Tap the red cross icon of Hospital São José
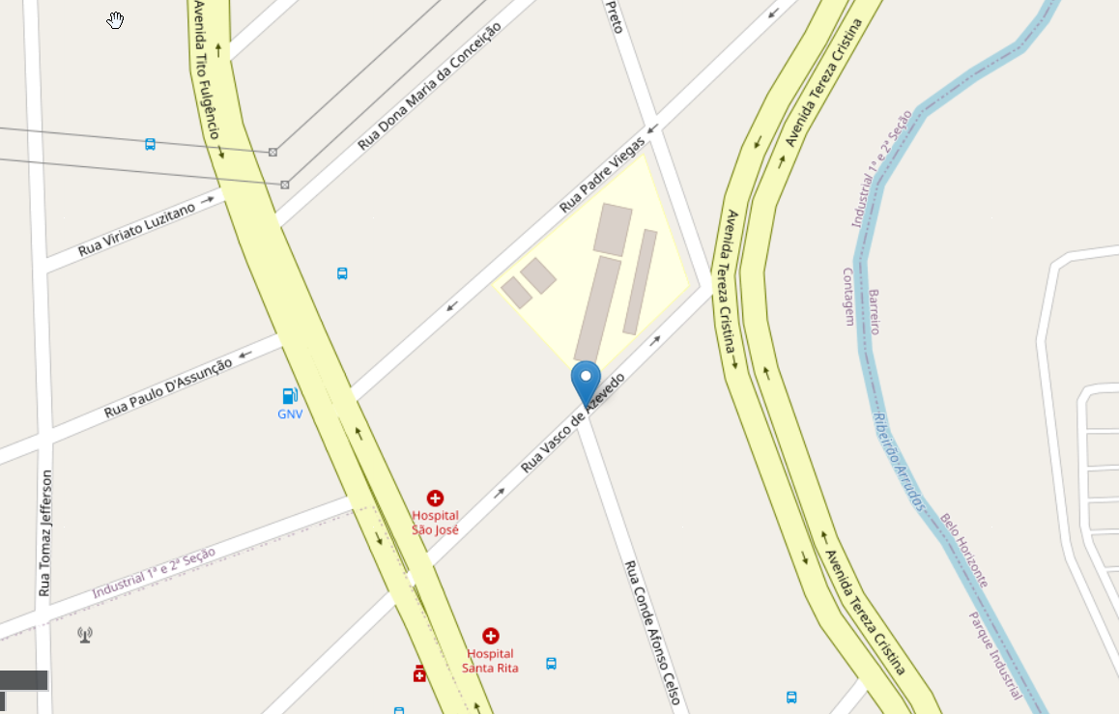tap(435, 499)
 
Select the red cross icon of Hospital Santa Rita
tap(490, 636)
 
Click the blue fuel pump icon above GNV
tap(289, 395)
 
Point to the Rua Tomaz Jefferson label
tap(44, 532)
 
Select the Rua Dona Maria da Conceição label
tap(429, 88)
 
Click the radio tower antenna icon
tap(85, 635)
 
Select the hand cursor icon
tap(116, 20)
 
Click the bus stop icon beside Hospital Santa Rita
tap(551, 664)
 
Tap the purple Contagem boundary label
tap(849, 296)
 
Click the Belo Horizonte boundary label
tap(964, 550)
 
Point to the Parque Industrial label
tap(994, 654)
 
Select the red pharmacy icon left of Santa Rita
tap(419, 673)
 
